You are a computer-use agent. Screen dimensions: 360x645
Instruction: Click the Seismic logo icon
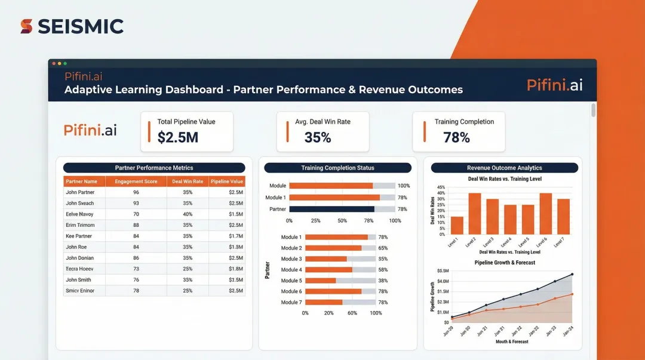26,26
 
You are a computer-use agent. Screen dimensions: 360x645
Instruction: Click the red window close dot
54,63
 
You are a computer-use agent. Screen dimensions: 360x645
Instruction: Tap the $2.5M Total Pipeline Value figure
177,138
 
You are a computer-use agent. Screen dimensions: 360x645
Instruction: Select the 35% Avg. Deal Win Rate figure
317,138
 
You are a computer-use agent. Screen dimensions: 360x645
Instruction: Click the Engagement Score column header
136,181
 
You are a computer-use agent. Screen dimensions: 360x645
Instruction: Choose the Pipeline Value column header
226,181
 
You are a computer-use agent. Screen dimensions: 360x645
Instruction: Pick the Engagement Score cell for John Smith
136,279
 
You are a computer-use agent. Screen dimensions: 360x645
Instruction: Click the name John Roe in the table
76,247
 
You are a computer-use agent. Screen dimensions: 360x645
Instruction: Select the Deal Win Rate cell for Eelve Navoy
188,214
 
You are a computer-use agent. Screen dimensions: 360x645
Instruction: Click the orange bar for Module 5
321,281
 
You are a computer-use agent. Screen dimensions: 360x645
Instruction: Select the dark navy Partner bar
331,209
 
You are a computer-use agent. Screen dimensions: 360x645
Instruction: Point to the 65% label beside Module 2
383,248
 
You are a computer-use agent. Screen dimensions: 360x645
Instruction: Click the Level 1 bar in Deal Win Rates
457,225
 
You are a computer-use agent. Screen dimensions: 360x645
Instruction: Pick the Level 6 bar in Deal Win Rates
545,213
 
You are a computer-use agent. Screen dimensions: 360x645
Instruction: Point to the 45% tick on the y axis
441,187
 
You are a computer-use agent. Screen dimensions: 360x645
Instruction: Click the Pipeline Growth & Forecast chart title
505,263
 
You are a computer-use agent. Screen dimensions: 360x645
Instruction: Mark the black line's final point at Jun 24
572,275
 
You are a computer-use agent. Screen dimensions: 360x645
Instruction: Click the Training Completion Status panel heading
337,168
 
